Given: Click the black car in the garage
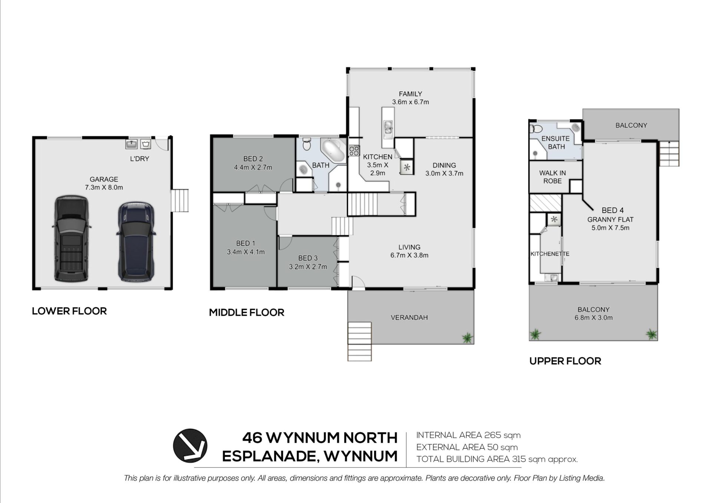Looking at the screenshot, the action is pos(72,239).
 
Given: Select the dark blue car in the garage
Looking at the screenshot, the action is pos(135,241).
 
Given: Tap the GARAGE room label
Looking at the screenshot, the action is pos(104,179).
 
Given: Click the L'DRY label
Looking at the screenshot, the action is pos(139,159).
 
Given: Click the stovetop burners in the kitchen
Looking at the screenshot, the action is pos(354,150).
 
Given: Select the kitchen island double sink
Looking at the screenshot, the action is pos(388,128).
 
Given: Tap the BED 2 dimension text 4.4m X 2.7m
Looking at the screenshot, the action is pos(253,167).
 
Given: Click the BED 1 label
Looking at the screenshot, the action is pos(245,243).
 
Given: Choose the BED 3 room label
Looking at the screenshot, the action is pos(308,258).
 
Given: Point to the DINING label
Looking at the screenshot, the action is pos(444,165).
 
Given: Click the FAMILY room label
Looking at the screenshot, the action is pos(411,94).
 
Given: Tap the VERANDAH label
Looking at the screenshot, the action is pos(409,317).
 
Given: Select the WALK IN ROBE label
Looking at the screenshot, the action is pos(553,177).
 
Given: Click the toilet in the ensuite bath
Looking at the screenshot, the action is pos(535,129).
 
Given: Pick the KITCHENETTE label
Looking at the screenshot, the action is pos(550,254).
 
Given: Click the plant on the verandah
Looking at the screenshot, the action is pos(467,338).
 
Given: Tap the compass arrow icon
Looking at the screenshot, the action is pos(190,446).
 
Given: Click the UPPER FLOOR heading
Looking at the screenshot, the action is pos(565,361).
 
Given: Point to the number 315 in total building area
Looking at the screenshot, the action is pos(519,459).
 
